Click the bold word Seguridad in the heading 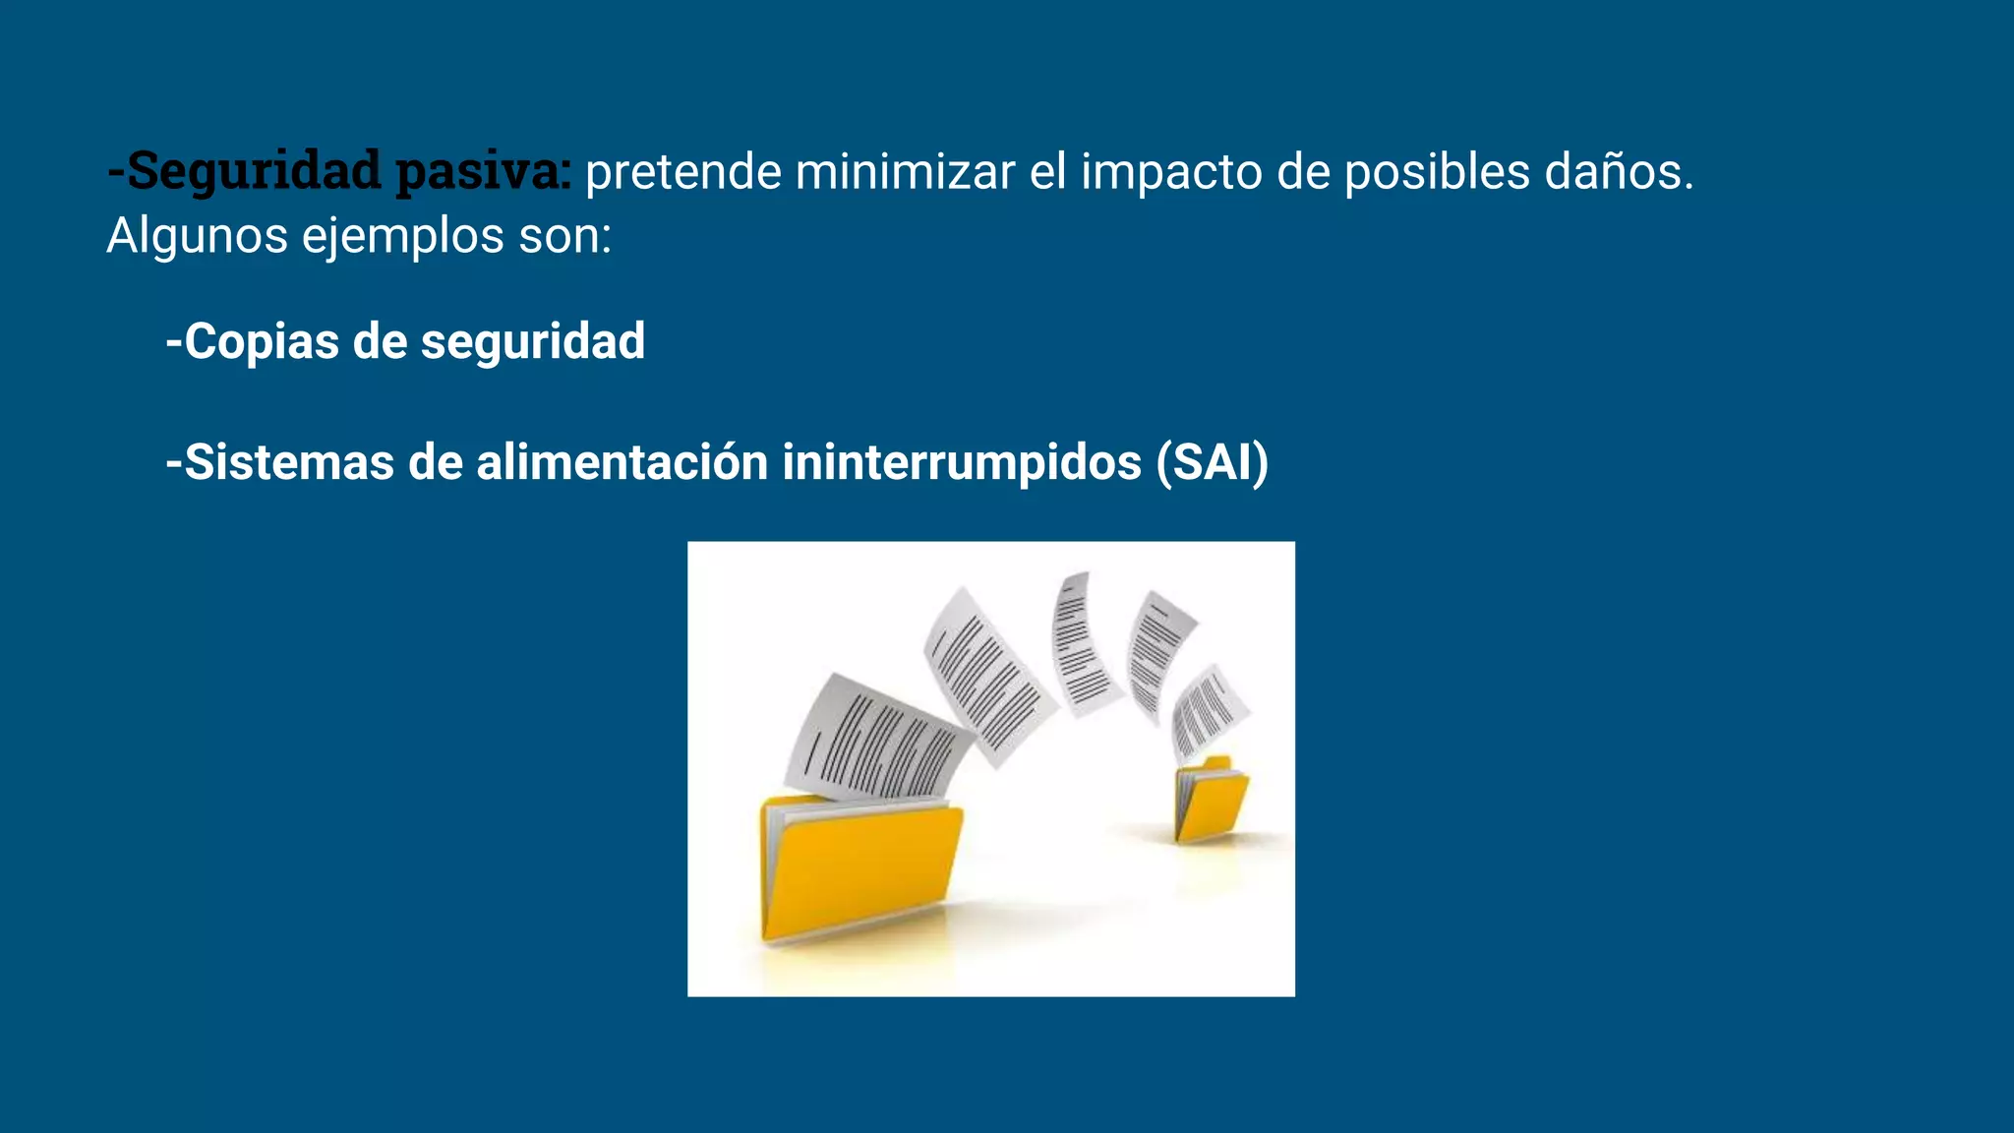[x=254, y=170]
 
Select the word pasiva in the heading [x=479, y=170]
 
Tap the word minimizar [x=905, y=172]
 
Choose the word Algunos [x=197, y=236]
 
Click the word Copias [x=262, y=342]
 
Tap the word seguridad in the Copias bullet [x=533, y=342]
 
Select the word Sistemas [x=289, y=462]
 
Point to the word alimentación [x=622, y=462]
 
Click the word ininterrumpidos [x=962, y=462]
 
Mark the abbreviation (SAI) [x=1213, y=462]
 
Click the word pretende [x=683, y=172]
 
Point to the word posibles [x=1436, y=172]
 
